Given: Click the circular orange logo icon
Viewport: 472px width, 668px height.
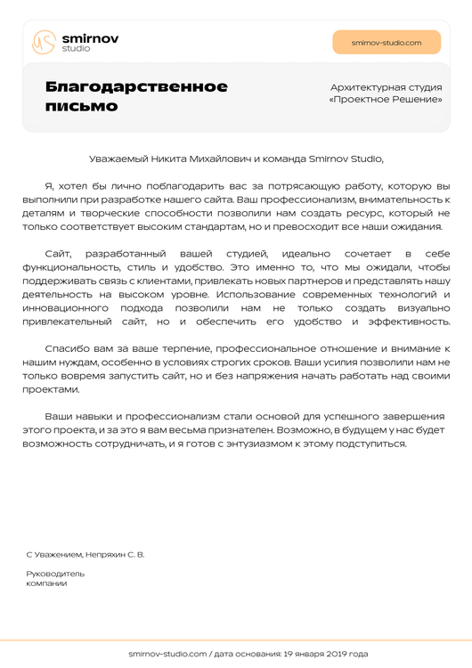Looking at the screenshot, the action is click(x=45, y=42).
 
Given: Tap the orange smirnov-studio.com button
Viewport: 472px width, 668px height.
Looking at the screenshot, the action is click(x=387, y=43).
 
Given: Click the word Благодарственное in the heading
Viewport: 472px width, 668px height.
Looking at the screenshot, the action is click(x=136, y=86).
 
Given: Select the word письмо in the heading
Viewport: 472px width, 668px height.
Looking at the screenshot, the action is click(x=82, y=106).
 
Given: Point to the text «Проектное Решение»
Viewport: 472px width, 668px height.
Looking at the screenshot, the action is click(x=386, y=99).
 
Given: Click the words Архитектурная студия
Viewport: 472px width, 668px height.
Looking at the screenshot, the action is click(x=386, y=86).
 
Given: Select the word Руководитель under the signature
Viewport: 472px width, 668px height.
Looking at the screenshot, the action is click(x=55, y=574).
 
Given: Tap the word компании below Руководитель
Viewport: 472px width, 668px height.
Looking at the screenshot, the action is click(x=46, y=583).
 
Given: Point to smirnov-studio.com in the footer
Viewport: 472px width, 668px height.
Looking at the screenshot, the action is click(x=167, y=654).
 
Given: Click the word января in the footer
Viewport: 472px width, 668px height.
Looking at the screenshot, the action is click(x=298, y=654).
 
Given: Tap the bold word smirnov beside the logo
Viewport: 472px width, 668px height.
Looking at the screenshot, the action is click(x=90, y=38).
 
